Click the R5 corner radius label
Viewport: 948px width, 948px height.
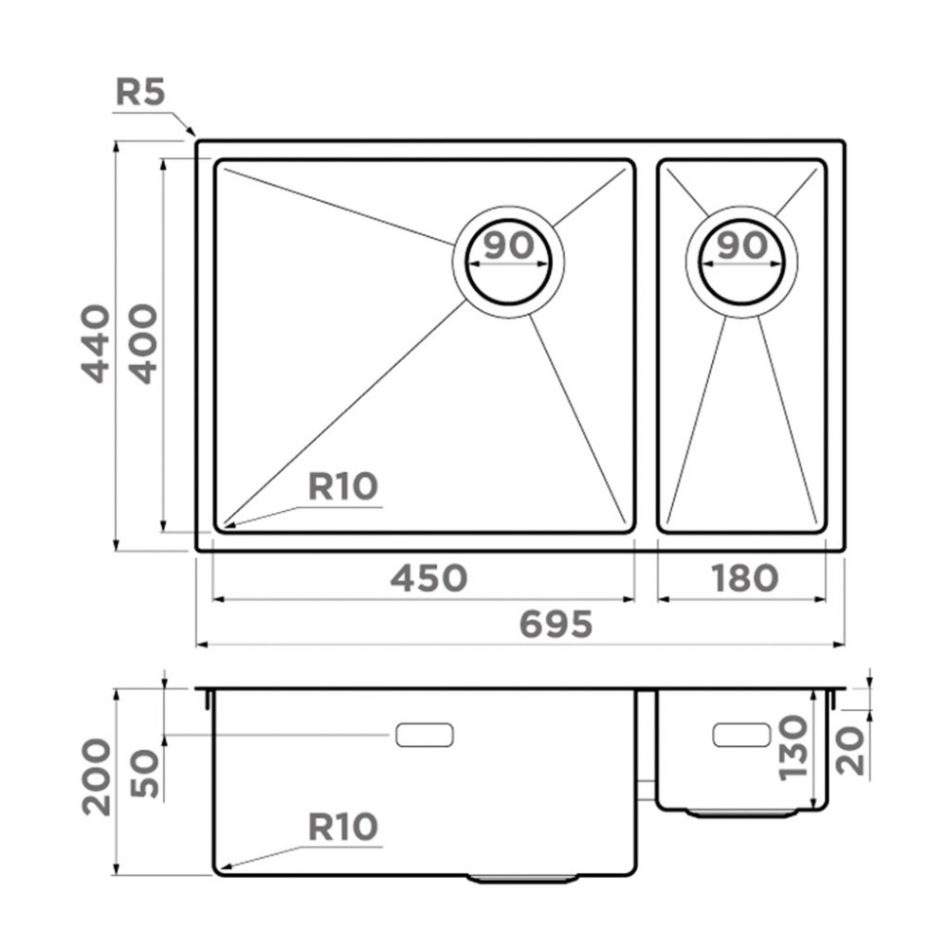(140, 93)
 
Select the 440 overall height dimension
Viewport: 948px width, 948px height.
(95, 343)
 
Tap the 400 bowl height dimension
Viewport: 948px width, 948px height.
(143, 343)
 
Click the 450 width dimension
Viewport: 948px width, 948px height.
(428, 577)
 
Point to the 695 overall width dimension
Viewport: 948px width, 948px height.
(556, 625)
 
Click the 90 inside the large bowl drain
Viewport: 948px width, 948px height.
(508, 246)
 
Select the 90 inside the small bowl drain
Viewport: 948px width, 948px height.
(741, 246)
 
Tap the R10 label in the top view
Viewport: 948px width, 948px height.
(343, 487)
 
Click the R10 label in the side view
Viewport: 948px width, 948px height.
(343, 828)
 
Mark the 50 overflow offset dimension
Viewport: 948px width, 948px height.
(143, 775)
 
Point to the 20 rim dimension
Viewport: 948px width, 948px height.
(853, 751)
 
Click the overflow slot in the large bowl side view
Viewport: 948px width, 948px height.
(425, 734)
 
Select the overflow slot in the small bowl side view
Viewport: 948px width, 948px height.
(740, 734)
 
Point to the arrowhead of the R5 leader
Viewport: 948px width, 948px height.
(192, 133)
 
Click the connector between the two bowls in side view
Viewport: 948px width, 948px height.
(647, 789)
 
